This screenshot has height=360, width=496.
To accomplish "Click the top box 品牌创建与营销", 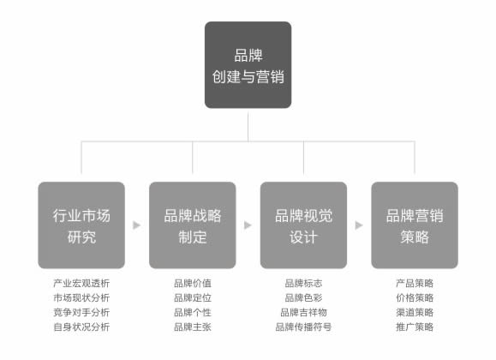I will (x=248, y=65).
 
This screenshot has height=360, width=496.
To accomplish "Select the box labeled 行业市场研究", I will (x=81, y=225).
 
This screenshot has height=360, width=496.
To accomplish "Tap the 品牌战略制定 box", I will (x=192, y=225).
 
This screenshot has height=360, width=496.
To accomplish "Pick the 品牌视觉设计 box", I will (x=303, y=225).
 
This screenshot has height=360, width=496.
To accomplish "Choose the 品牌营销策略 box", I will (x=415, y=225).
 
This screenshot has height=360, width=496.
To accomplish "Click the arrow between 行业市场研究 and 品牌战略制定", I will (x=137, y=225).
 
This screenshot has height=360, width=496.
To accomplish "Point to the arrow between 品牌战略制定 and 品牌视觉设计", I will (x=248, y=225).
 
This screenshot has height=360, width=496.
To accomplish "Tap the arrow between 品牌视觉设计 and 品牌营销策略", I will (x=359, y=225).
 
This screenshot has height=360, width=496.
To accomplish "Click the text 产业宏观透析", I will (x=81, y=283).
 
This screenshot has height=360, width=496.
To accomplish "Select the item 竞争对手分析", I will (x=81, y=312).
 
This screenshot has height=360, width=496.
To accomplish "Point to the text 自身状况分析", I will (x=81, y=327).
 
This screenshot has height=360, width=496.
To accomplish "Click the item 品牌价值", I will (x=192, y=283).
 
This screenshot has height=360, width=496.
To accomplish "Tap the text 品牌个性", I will (x=192, y=312).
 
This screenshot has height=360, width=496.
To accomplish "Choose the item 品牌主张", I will (x=192, y=327).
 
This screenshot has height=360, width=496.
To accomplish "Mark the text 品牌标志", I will (x=303, y=283).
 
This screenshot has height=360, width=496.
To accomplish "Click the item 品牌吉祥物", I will (x=303, y=312).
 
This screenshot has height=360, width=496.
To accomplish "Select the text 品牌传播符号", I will (x=303, y=327).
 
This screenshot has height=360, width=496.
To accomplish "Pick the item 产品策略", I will (x=415, y=283).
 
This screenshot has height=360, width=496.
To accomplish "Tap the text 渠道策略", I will (x=415, y=312).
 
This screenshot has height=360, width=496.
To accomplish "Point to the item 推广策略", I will (x=415, y=327).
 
